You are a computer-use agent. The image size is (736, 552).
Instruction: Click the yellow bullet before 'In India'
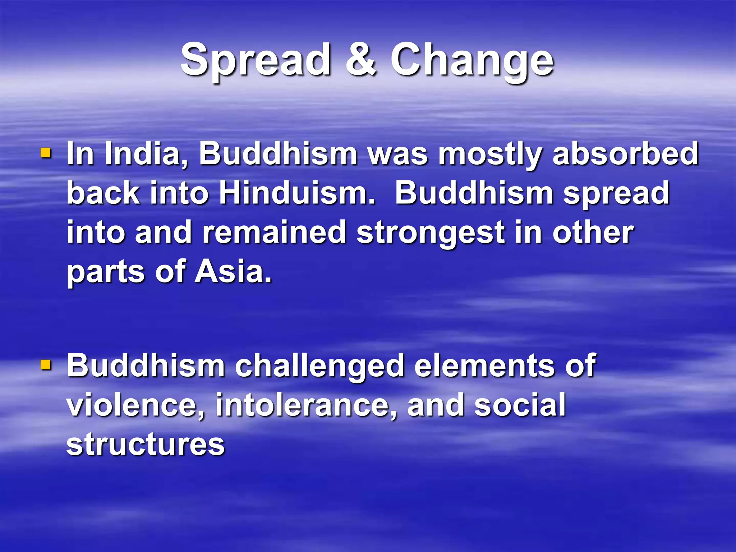pyautogui.click(x=46, y=154)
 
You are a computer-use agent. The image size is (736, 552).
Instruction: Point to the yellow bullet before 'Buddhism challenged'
pyautogui.click(x=46, y=365)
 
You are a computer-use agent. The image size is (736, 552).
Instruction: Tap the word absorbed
pyautogui.click(x=626, y=154)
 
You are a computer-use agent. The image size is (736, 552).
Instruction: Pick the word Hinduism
pyautogui.click(x=296, y=193)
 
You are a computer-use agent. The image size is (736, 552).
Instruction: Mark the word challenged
pyautogui.click(x=319, y=366)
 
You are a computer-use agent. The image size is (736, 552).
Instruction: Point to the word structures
pyautogui.click(x=146, y=444)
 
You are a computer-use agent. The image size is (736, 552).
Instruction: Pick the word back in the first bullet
pyautogui.click(x=103, y=193)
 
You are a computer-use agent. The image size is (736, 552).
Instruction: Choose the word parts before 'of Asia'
pyautogui.click(x=106, y=272)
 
